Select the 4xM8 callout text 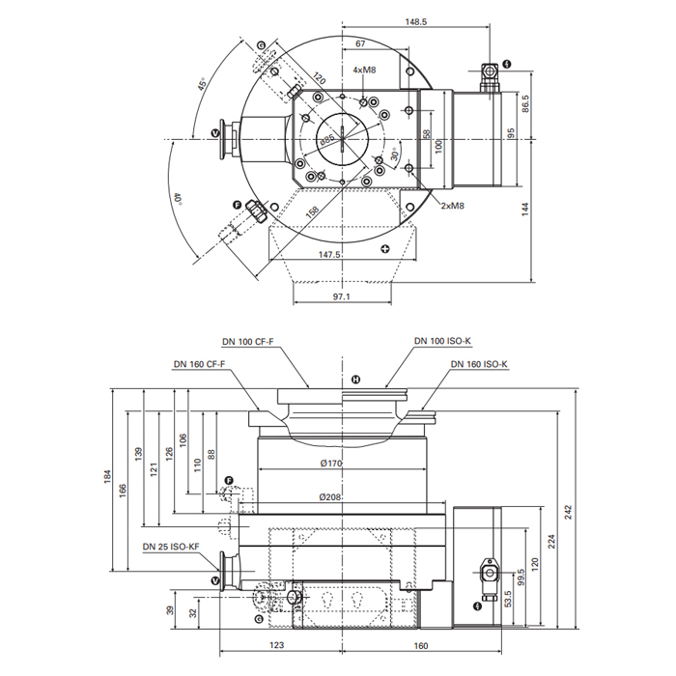tap(364, 70)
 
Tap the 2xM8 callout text tap(453, 205)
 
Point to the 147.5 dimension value tap(329, 255)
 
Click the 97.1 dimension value tap(342, 296)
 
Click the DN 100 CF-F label tap(247, 341)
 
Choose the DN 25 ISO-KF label tap(170, 547)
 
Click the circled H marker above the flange tap(355, 378)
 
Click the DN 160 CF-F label tap(199, 364)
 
